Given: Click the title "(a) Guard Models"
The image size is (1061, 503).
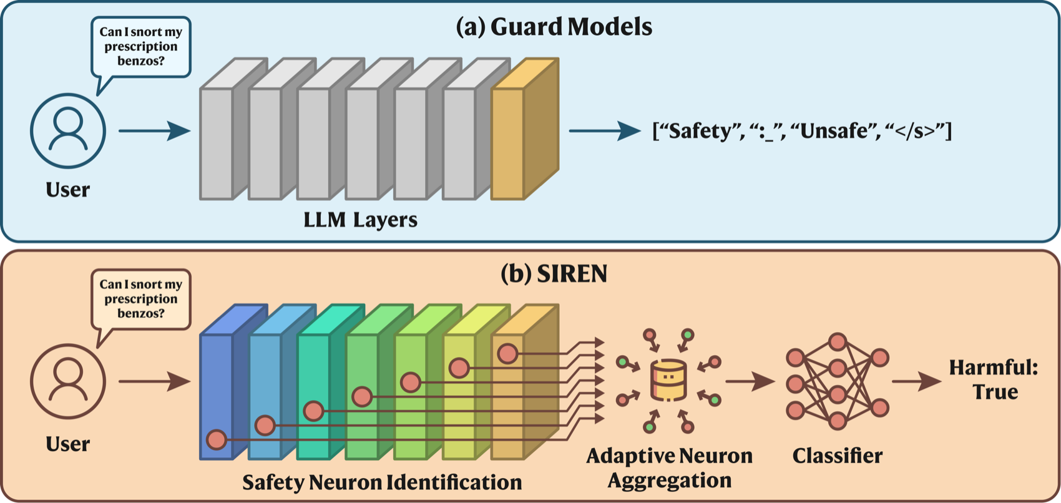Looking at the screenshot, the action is point(554,27).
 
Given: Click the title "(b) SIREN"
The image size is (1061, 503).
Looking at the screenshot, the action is point(554,274).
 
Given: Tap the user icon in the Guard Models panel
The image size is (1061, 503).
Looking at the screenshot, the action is point(68,130).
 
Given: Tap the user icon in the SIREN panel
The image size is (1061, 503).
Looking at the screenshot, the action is point(68,381).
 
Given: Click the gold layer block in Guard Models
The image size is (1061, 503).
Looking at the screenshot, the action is point(526,129).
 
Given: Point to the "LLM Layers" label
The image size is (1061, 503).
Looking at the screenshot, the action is point(361,220).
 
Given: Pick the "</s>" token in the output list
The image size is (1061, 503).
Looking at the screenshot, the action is point(914,131).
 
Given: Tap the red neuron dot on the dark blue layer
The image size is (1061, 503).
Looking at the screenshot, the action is point(217,440).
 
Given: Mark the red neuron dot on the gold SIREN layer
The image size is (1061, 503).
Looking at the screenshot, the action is point(508,354).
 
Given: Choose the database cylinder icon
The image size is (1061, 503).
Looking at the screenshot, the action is point(668,380).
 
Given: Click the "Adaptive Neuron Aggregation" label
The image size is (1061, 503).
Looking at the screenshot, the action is point(669,468).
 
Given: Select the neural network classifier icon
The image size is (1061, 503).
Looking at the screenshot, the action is point(838,382).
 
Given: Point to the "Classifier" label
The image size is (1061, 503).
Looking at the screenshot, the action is point(838,456).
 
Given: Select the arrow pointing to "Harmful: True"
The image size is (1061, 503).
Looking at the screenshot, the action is point(917,381).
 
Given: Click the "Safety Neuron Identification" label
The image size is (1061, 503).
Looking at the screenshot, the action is point(382,482).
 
